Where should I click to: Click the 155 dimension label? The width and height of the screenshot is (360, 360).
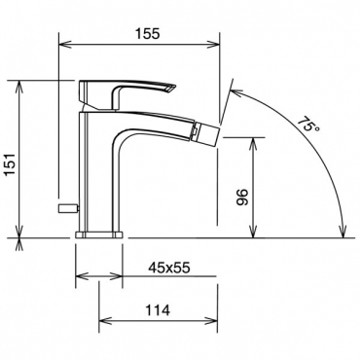pyautogui.click(x=148, y=33)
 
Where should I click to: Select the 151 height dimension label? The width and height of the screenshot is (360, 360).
pyautogui.click(x=11, y=164)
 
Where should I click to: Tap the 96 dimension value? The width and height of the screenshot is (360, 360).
pyautogui.click(x=242, y=197)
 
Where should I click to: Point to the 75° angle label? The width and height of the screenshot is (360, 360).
pyautogui.click(x=308, y=124)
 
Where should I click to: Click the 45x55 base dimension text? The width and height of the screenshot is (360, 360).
pyautogui.click(x=169, y=268)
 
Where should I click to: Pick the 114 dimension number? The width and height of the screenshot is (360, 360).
pyautogui.click(x=158, y=310)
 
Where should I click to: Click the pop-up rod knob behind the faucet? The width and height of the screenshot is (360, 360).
pyautogui.click(x=68, y=209)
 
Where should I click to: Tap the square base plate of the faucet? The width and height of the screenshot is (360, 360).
pyautogui.click(x=99, y=234)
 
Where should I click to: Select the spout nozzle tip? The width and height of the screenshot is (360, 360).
pyautogui.click(x=207, y=133)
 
